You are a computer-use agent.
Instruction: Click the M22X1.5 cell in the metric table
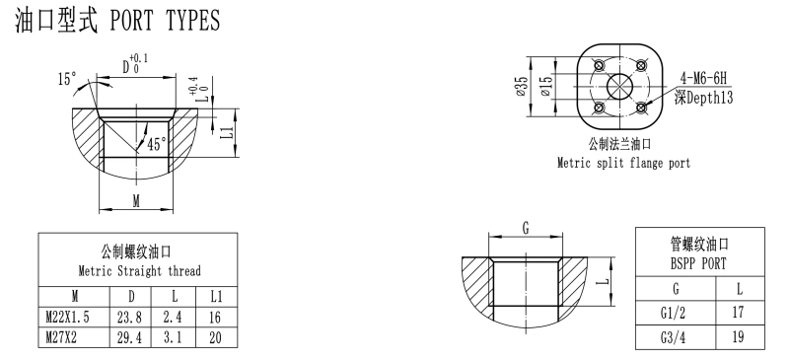coord(67,317)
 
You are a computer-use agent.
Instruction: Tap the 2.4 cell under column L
coord(173,317)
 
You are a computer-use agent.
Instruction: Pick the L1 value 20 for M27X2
coord(215,337)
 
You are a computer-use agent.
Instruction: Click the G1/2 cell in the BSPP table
coord(674,314)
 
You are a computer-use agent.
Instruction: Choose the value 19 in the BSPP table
coord(738,337)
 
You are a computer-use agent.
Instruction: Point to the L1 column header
coord(216,296)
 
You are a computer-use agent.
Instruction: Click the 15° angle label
coord(67,79)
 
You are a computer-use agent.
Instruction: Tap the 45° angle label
coord(157,145)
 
